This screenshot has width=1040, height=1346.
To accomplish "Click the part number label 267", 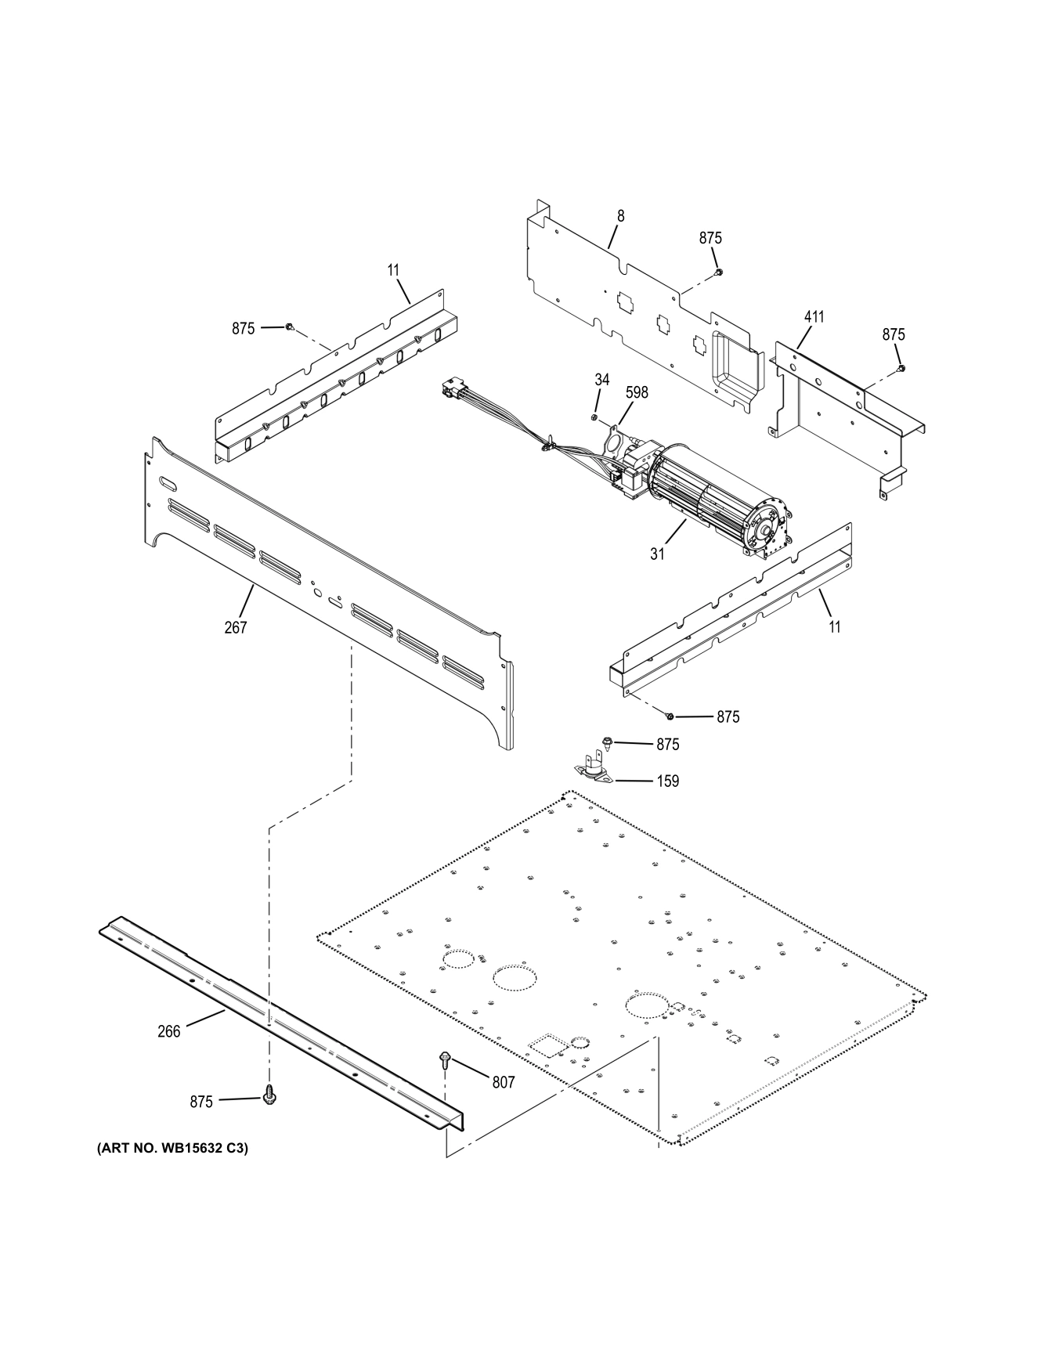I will [x=235, y=627].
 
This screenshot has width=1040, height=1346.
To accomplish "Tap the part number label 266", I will [x=168, y=1031].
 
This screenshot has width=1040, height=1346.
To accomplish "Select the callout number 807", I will [x=503, y=1081].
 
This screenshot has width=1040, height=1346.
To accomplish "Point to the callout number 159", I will [x=667, y=781].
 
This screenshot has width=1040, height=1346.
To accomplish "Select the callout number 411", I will [x=814, y=317].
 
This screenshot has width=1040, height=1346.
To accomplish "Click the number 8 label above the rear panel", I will [x=621, y=215].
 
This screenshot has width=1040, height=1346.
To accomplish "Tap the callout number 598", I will [x=637, y=392].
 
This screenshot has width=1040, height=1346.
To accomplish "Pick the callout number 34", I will [x=601, y=379].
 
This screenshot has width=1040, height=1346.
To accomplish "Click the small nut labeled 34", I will [x=594, y=417].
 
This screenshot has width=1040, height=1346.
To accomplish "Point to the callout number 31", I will [x=657, y=554].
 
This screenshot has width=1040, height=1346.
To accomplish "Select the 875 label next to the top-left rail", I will [x=243, y=329].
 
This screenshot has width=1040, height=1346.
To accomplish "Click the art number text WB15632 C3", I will [x=172, y=1149].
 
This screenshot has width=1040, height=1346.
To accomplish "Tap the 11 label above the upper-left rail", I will [x=393, y=269].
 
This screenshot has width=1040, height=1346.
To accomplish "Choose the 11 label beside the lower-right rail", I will [x=835, y=626].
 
